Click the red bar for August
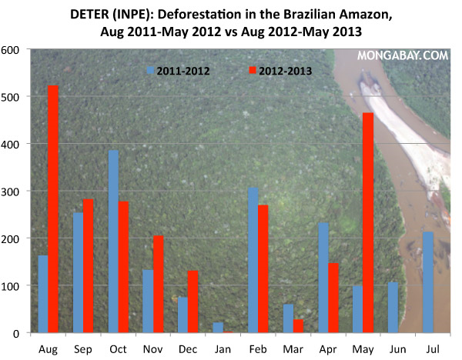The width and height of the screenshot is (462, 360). pyautogui.click(x=53, y=209)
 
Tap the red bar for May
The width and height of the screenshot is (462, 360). pyautogui.click(x=368, y=222)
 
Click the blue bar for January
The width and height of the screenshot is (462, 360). pyautogui.click(x=218, y=328)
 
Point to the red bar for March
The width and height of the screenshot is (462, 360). pyautogui.click(x=298, y=326)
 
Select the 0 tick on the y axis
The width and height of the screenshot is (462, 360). pyautogui.click(x=17, y=333)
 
